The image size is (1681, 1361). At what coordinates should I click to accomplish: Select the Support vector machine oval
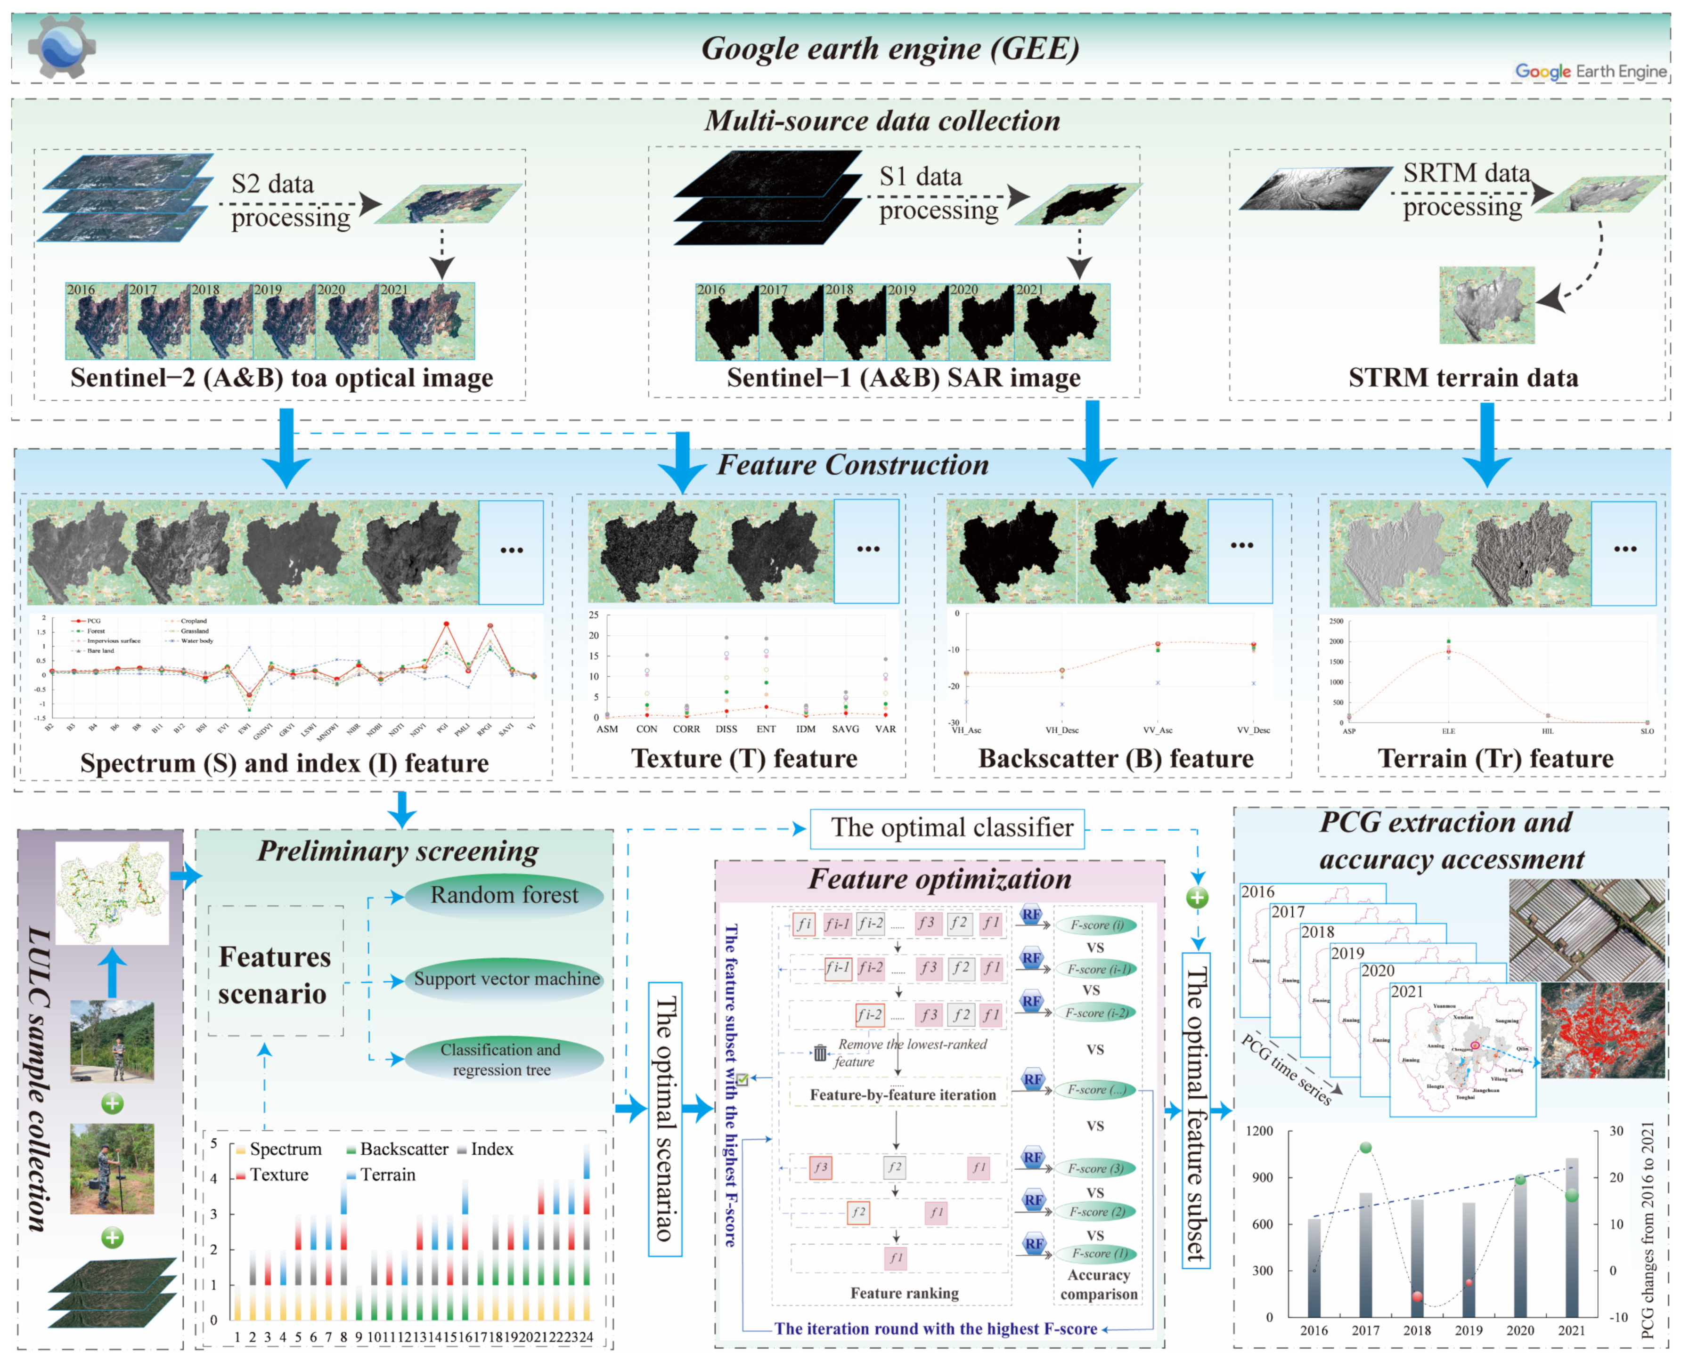tap(506, 979)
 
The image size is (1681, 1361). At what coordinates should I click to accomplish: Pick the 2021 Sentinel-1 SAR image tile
tap(1061, 322)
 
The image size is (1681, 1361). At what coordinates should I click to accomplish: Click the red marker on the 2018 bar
tap(1417, 1296)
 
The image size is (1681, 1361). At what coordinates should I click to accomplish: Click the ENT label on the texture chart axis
tap(766, 729)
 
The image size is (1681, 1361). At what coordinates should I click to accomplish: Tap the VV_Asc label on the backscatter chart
tap(1157, 730)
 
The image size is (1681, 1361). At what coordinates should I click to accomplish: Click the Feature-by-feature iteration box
tap(902, 1094)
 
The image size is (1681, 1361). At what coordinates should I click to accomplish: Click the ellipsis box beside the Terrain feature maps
tap(1624, 553)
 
